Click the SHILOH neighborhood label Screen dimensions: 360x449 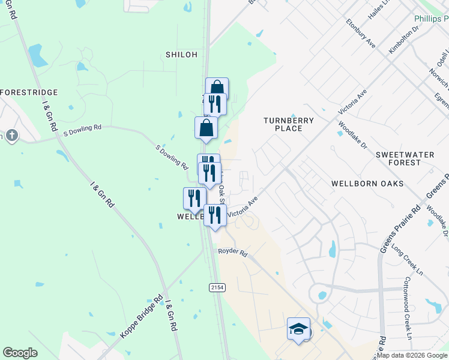181,55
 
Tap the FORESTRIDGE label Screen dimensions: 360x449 29,92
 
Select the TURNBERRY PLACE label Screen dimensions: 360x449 289,124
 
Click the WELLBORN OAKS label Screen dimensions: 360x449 367,183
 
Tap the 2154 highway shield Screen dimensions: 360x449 217,288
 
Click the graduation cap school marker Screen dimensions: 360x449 298,329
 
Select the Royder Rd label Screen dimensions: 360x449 233,254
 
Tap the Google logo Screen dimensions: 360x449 20,353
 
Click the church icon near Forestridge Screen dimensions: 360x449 11,136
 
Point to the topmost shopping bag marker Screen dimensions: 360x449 217,88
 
